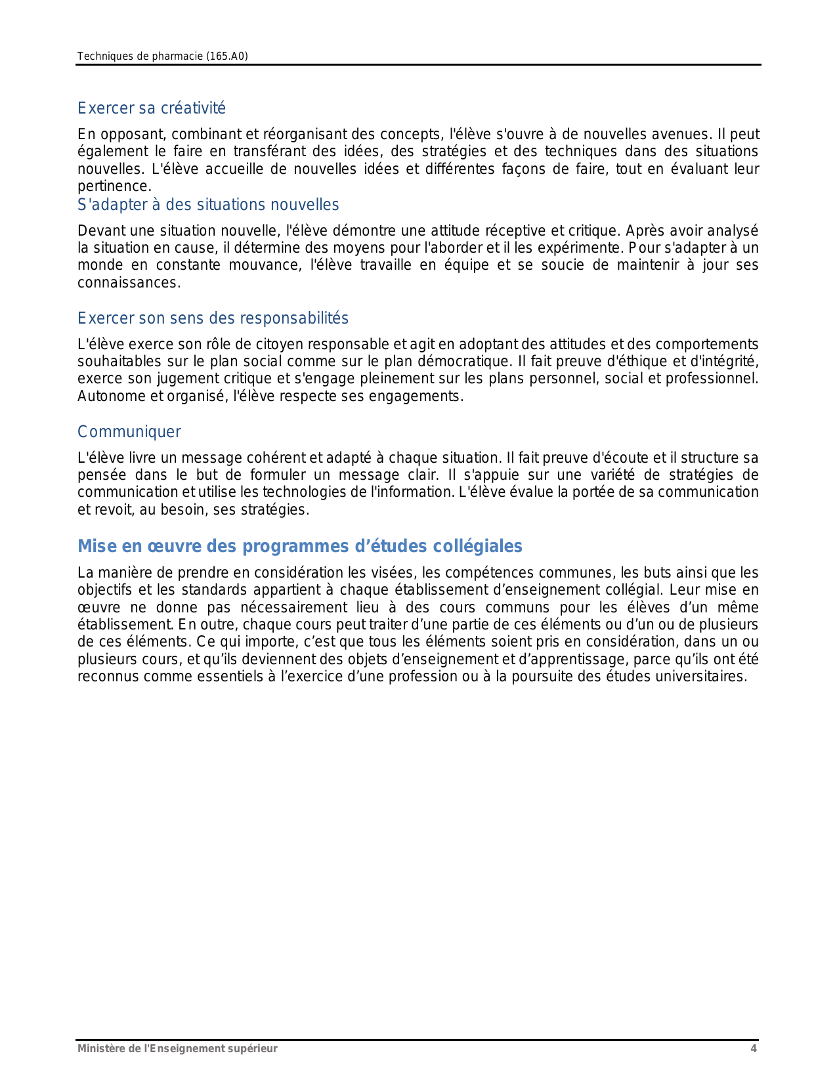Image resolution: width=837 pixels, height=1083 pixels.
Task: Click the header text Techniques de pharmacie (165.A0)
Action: (x=162, y=56)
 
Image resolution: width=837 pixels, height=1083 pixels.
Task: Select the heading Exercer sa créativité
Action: (x=152, y=108)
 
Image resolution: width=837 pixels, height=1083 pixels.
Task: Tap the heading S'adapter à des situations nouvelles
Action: (x=208, y=205)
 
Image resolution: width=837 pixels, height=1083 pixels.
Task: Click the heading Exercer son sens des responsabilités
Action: (x=213, y=318)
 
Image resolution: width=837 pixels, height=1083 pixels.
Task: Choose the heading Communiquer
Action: (x=129, y=432)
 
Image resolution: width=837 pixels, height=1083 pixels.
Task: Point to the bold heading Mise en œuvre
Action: (x=299, y=546)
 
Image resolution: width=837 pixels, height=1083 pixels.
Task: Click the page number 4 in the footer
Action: (x=754, y=1049)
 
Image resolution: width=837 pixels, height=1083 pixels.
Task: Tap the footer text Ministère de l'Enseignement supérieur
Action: (x=177, y=1049)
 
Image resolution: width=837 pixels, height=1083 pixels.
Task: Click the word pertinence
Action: (x=114, y=186)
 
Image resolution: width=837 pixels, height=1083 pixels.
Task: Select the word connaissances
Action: (x=128, y=283)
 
